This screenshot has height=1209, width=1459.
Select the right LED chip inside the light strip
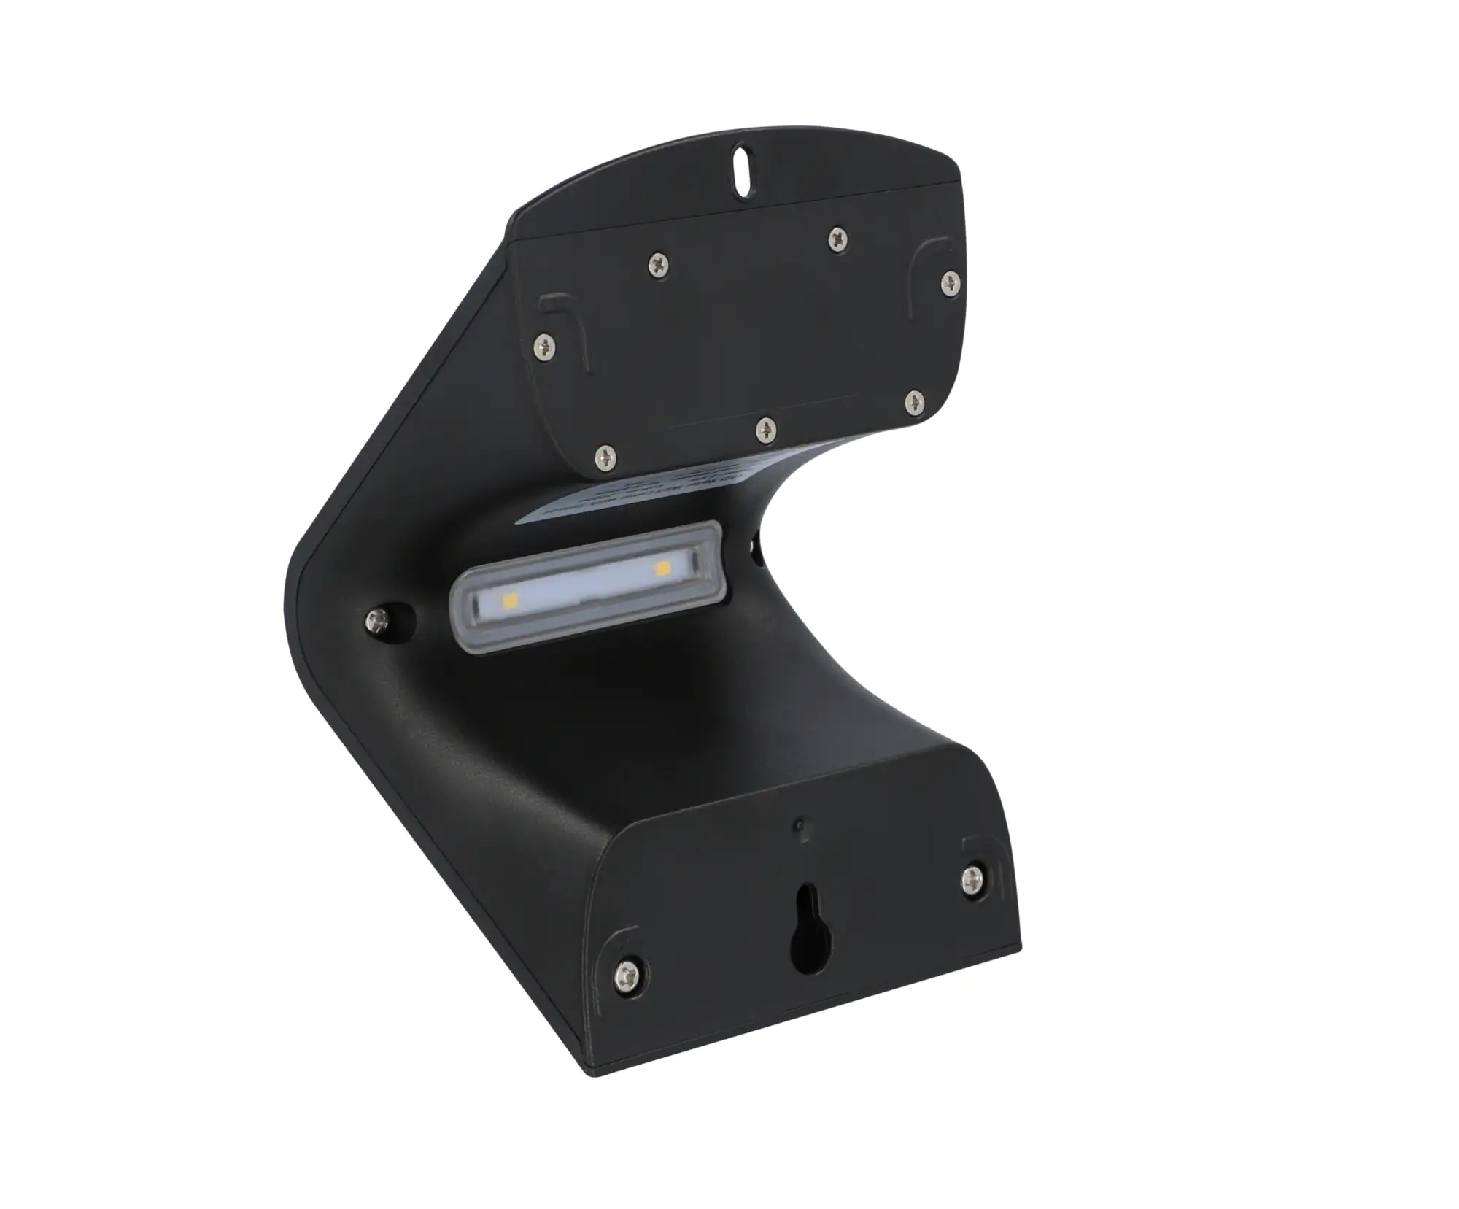(662, 565)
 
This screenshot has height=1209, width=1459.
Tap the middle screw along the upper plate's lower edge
(763, 429)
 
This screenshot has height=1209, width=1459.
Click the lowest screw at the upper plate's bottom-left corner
(604, 458)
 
